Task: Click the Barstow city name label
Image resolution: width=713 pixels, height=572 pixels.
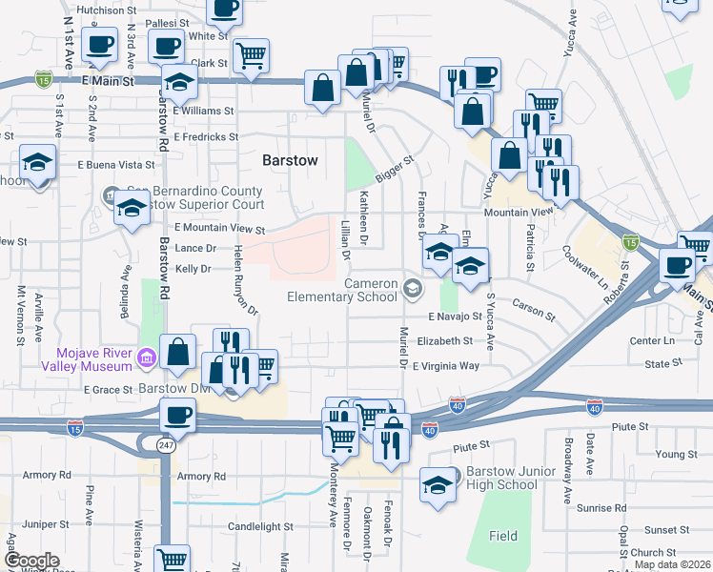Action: [291, 160]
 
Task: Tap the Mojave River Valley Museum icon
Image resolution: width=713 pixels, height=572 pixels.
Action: [145, 359]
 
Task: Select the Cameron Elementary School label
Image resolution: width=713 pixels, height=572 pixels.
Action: [343, 290]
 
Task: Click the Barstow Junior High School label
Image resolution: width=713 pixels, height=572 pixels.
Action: [501, 479]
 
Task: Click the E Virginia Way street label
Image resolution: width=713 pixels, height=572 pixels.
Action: [445, 365]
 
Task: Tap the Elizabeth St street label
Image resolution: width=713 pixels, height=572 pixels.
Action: [444, 340]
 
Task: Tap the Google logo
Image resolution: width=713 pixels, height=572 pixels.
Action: [31, 561]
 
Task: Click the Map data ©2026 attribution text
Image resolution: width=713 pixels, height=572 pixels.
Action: [672, 564]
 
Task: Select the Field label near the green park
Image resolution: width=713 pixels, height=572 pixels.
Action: [503, 536]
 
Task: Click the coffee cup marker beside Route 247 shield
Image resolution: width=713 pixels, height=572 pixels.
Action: [177, 417]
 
